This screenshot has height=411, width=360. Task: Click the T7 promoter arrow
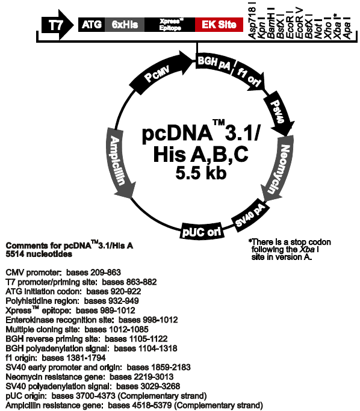click(x=57, y=25)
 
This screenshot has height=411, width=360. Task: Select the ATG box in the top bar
click(x=92, y=25)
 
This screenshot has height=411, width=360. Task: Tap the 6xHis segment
click(x=125, y=25)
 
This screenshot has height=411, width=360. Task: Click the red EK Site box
click(x=219, y=25)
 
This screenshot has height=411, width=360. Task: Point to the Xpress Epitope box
click(x=170, y=25)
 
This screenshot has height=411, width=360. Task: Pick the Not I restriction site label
click(x=318, y=29)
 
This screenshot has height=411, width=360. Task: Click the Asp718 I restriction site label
click(x=252, y=20)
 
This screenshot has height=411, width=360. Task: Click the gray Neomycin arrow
click(x=279, y=169)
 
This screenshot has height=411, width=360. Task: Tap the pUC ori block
click(x=202, y=231)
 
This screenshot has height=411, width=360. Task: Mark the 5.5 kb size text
click(x=201, y=173)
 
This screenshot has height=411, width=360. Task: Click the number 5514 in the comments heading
click(x=15, y=255)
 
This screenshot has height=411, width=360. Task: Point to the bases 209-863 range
click(x=93, y=273)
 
